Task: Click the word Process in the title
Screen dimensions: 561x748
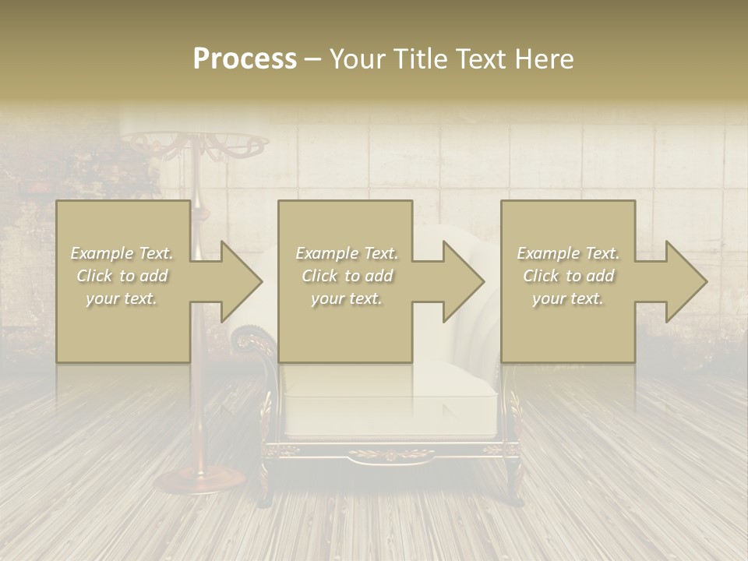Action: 245,58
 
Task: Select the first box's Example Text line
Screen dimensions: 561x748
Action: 122,253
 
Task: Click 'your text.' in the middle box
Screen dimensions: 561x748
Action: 346,298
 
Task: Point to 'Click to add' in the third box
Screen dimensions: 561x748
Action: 568,276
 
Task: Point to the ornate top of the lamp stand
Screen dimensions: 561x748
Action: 194,145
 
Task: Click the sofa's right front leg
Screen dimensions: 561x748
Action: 514,479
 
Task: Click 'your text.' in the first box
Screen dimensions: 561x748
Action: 122,298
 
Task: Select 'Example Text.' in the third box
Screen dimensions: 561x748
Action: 568,253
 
